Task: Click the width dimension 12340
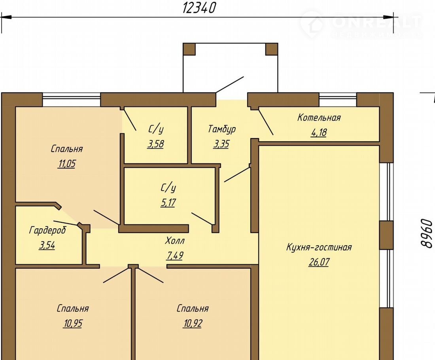[x=199, y=8]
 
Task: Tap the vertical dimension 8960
[x=426, y=233]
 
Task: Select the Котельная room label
[x=319, y=117]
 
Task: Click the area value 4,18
[x=319, y=133]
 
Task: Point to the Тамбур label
[x=222, y=129]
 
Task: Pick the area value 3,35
[x=221, y=144]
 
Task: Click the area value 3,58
[x=156, y=144]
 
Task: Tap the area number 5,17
[x=168, y=203]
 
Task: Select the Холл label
[x=175, y=241]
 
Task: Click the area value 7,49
[x=175, y=255]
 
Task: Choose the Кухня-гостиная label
[x=319, y=247]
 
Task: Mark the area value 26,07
[x=319, y=262]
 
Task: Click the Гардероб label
[x=47, y=230]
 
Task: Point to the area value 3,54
[x=47, y=245]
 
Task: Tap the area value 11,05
[x=67, y=164]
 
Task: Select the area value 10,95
[x=73, y=323]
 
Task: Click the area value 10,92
[x=193, y=323]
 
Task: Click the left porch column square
[x=189, y=49]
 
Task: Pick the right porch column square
[x=272, y=49]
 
